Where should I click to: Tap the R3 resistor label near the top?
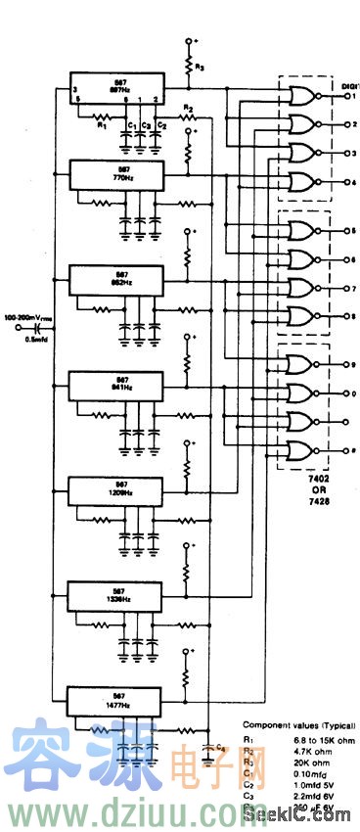(200, 68)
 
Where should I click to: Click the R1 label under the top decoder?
(99, 125)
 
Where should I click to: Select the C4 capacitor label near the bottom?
(221, 749)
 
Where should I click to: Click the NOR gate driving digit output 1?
(299, 96)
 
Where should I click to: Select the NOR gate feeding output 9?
(299, 364)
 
